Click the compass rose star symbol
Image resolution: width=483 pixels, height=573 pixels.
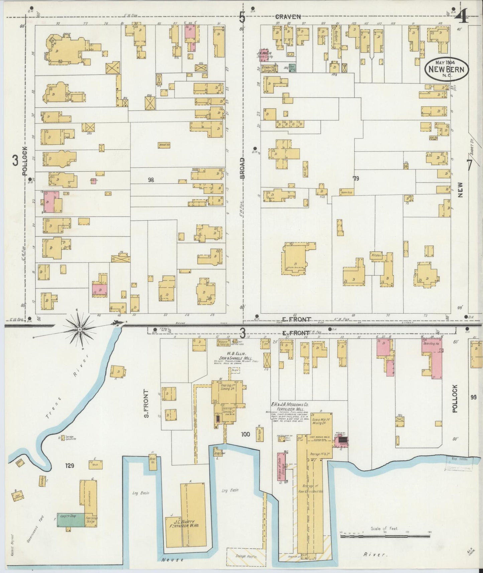click(80, 329)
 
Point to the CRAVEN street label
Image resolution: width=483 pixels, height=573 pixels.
click(288, 16)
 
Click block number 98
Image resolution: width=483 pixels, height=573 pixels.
click(151, 180)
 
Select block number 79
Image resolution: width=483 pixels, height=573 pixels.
click(356, 179)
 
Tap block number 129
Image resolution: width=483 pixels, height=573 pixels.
click(70, 465)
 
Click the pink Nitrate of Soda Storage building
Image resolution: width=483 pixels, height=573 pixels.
click(282, 467)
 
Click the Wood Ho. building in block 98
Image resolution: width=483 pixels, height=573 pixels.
click(164, 145)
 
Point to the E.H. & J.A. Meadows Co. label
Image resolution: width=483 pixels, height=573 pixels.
click(290, 405)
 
